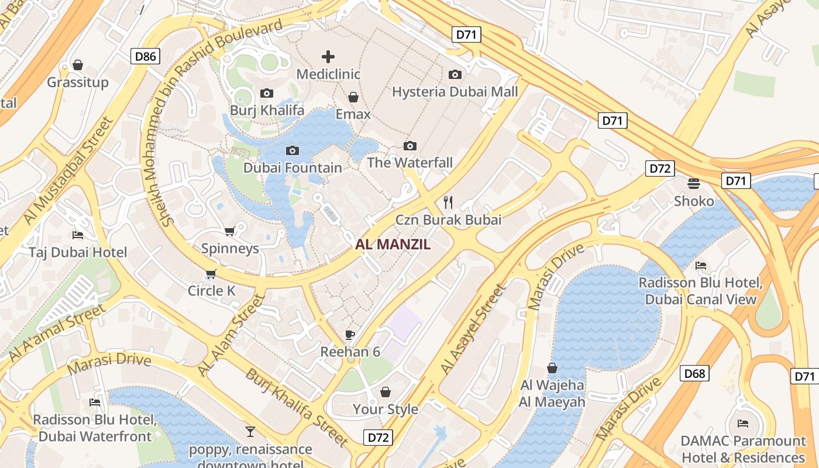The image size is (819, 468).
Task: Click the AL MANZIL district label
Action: tap(393, 245)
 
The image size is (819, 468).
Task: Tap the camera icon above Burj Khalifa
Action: tap(267, 94)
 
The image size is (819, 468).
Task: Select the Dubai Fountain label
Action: tap(292, 168)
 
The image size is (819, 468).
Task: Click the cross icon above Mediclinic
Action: tap(328, 57)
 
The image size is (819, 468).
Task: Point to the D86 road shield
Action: tap(145, 56)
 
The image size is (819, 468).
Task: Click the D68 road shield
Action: tap(694, 373)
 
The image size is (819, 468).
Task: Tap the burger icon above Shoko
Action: tap(694, 184)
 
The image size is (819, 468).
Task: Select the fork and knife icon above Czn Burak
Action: tap(448, 202)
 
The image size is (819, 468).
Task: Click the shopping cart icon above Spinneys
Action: tap(230, 232)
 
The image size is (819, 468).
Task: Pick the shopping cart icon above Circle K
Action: tap(211, 274)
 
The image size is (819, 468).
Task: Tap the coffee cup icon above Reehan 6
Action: tap(350, 335)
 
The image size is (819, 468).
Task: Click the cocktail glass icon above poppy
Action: tap(250, 432)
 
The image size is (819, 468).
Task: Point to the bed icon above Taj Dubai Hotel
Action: tap(78, 235)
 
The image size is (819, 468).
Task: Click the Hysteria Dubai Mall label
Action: tap(455, 92)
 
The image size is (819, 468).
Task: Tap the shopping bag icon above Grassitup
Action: tap(78, 65)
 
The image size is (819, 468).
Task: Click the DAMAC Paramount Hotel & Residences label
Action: tap(743, 449)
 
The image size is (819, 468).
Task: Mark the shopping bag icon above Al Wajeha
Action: tap(552, 368)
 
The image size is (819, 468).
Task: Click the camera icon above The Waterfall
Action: tap(410, 146)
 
